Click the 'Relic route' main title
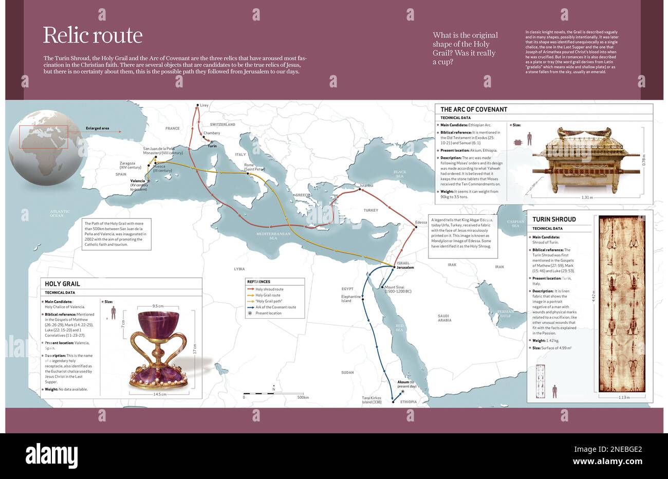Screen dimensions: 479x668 92,35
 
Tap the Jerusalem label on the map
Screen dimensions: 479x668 405,268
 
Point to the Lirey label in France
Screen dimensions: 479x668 204,105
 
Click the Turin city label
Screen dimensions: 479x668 212,146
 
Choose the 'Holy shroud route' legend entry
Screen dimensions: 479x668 269,289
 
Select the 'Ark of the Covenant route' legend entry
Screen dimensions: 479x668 275,307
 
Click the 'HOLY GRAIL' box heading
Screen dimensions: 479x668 62,284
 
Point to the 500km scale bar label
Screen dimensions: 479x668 303,397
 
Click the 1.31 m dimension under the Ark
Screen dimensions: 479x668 587,197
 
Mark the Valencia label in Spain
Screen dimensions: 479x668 138,181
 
